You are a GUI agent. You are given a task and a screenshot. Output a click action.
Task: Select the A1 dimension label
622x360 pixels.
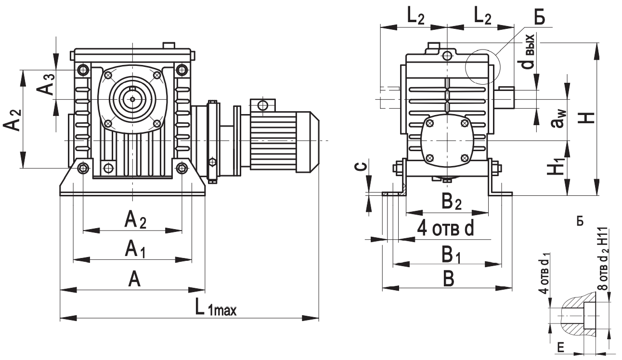pyautogui.click(x=135, y=249)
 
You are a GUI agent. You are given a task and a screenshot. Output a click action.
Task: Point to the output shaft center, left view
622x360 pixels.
pyautogui.click(x=132, y=98)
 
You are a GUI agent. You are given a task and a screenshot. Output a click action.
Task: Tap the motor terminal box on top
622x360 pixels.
pyautogui.click(x=262, y=105)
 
